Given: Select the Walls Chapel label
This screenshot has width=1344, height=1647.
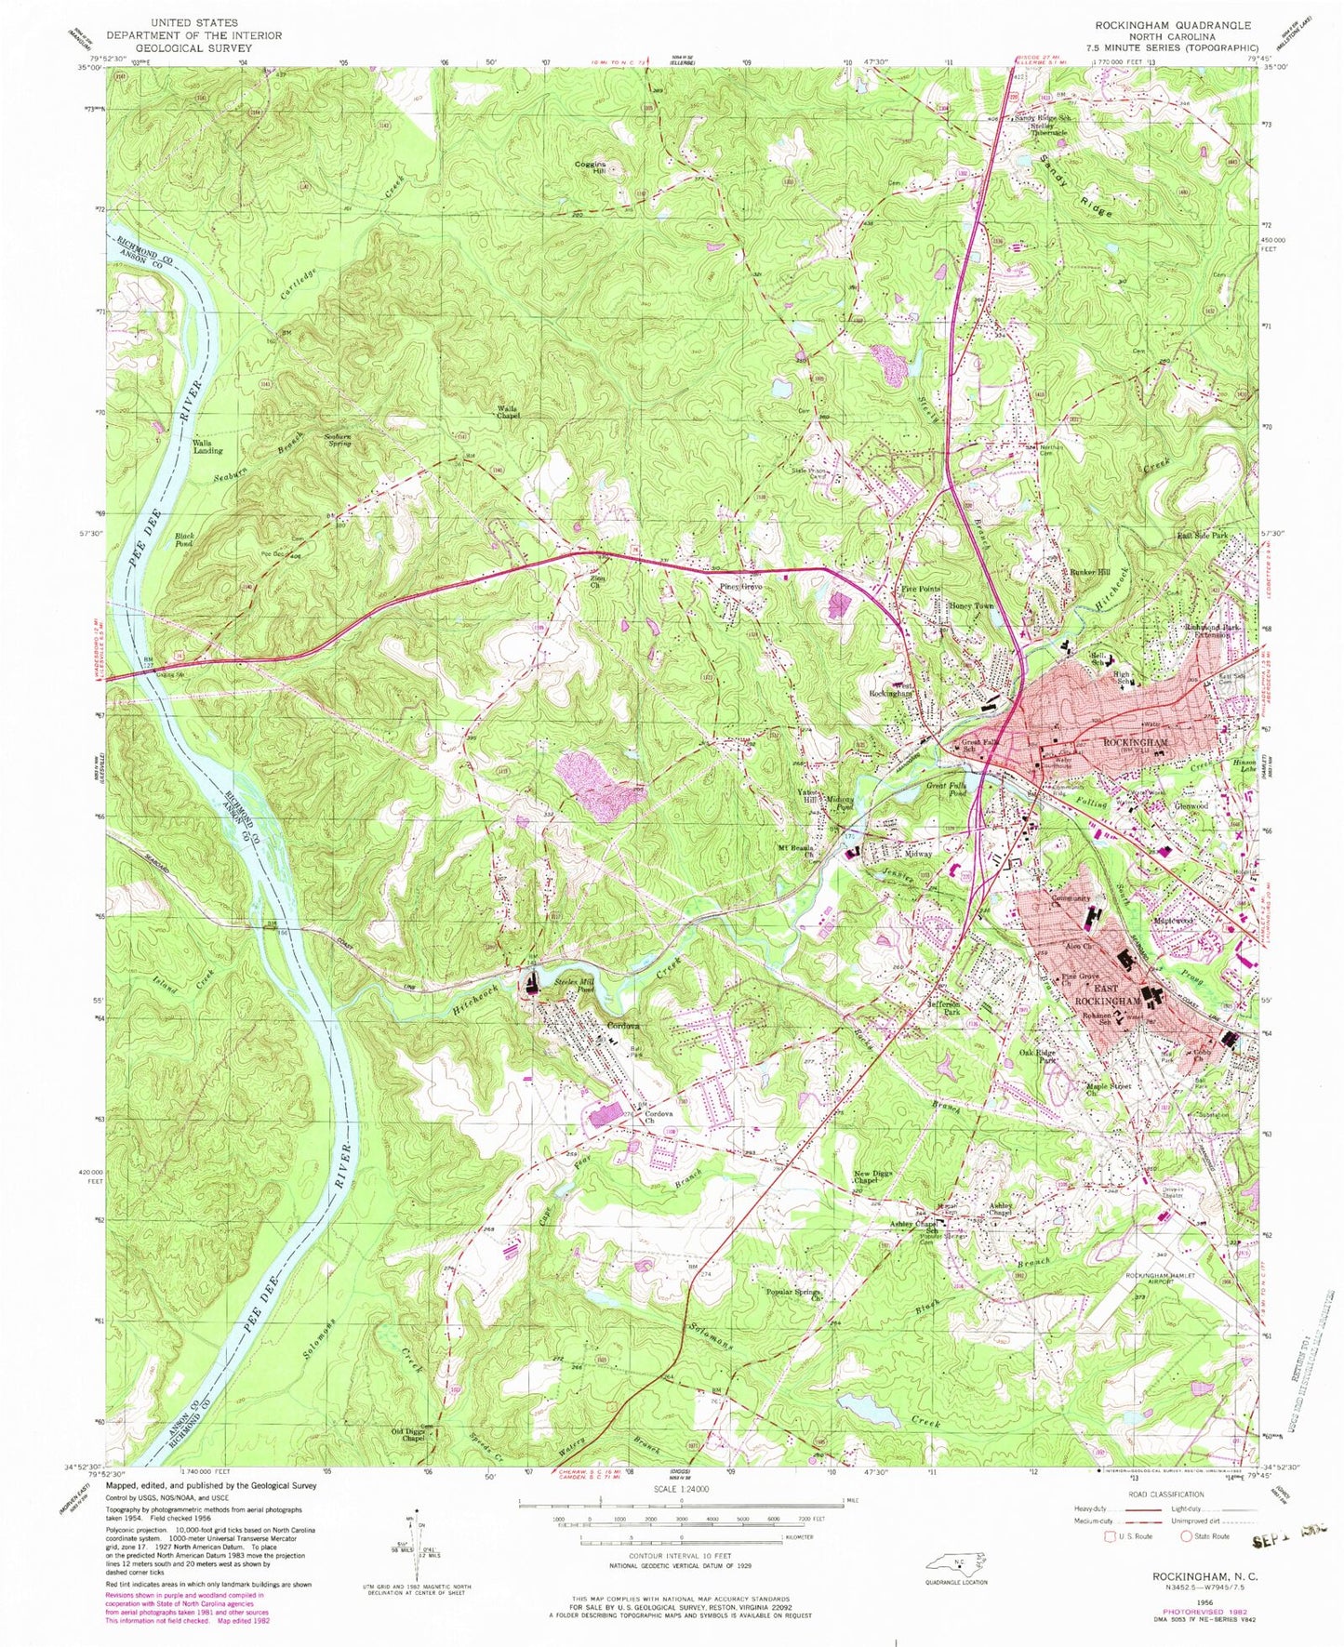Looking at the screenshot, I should click(507, 413).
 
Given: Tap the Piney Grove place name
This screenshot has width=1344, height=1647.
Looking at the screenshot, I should click(740, 588).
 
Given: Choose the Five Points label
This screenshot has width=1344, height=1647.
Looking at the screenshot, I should click(921, 590).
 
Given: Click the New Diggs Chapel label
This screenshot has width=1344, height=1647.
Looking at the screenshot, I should click(872, 1178).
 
